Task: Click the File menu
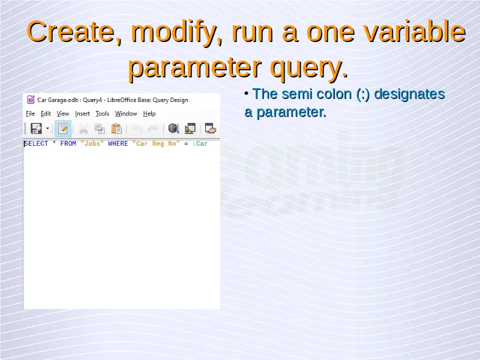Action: tap(31, 113)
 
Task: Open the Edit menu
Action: tap(46, 113)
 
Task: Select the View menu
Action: tap(63, 113)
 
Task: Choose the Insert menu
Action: tap(82, 113)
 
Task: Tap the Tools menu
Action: tap(102, 113)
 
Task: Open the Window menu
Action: tap(126, 113)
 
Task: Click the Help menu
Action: tap(149, 113)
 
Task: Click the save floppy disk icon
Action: tap(36, 128)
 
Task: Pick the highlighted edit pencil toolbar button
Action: tap(63, 128)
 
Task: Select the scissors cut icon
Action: tap(83, 128)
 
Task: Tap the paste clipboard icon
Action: tap(116, 128)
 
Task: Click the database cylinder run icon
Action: tap(173, 128)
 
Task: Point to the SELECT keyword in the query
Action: tap(36, 143)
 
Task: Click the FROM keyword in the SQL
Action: tap(68, 143)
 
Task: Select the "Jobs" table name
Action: tap(92, 143)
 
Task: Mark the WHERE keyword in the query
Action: tap(118, 143)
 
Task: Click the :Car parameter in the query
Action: tap(200, 143)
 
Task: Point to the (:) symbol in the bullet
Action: tap(363, 94)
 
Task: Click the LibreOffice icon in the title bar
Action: tap(31, 100)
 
